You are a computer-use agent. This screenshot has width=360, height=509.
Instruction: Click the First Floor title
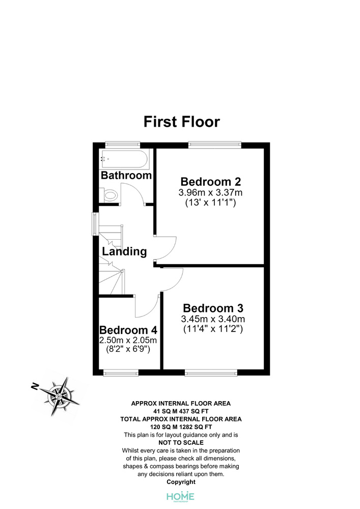(182, 122)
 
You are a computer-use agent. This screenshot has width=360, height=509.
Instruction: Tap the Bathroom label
(126, 175)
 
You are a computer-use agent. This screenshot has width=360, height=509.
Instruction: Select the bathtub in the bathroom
(125, 159)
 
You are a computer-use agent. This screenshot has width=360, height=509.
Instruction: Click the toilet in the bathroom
(109, 195)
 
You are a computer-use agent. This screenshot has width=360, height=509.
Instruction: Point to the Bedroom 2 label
(211, 182)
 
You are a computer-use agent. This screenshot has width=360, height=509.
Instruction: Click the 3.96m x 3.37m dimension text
(210, 192)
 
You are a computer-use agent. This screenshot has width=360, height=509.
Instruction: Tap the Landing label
(124, 251)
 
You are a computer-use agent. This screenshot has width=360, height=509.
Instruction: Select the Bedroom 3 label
(213, 308)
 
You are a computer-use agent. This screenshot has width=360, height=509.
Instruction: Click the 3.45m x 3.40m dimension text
(213, 319)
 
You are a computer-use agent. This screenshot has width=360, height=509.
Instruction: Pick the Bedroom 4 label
(128, 330)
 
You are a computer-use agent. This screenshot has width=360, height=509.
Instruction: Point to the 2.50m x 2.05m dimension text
(128, 340)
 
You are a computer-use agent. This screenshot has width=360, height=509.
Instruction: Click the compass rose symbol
(61, 396)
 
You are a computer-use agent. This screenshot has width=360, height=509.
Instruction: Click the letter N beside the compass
(35, 386)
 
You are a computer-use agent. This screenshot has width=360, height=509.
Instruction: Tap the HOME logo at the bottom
(180, 496)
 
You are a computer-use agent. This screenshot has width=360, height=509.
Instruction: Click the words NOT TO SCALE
(181, 443)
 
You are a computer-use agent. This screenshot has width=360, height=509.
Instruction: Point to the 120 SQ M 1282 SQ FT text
(181, 427)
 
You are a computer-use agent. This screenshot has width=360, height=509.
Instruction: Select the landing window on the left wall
(95, 223)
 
